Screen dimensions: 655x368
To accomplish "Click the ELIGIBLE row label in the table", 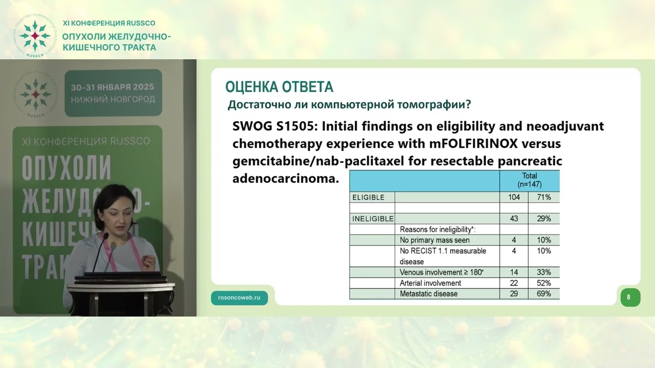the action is coord(368,197).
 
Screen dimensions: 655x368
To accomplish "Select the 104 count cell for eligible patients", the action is coord(514,197).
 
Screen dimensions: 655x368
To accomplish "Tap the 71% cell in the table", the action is coord(543,197).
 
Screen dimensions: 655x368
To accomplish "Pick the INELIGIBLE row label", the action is coord(373,219).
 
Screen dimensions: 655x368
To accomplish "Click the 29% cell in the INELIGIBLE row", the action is coord(543,218).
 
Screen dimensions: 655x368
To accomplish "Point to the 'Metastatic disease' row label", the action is coord(428,294).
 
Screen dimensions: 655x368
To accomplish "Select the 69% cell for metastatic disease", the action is coord(543,293).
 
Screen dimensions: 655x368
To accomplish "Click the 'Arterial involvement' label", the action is coord(430,283).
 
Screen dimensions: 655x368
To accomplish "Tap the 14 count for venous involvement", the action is coord(514,272).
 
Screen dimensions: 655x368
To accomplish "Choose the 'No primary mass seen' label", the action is coord(434,240).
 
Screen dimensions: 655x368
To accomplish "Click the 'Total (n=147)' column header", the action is coord(530,180).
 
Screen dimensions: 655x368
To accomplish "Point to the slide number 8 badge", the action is coord(630,297).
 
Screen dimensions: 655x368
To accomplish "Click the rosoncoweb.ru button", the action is coord(239,298).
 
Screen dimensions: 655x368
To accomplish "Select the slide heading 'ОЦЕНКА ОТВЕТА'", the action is coord(279,87).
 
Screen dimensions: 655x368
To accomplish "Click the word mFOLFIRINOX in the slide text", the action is coord(473,144).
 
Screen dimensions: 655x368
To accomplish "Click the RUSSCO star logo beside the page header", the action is coord(35,36).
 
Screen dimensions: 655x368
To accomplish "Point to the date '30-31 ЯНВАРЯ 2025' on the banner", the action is coord(113,87).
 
